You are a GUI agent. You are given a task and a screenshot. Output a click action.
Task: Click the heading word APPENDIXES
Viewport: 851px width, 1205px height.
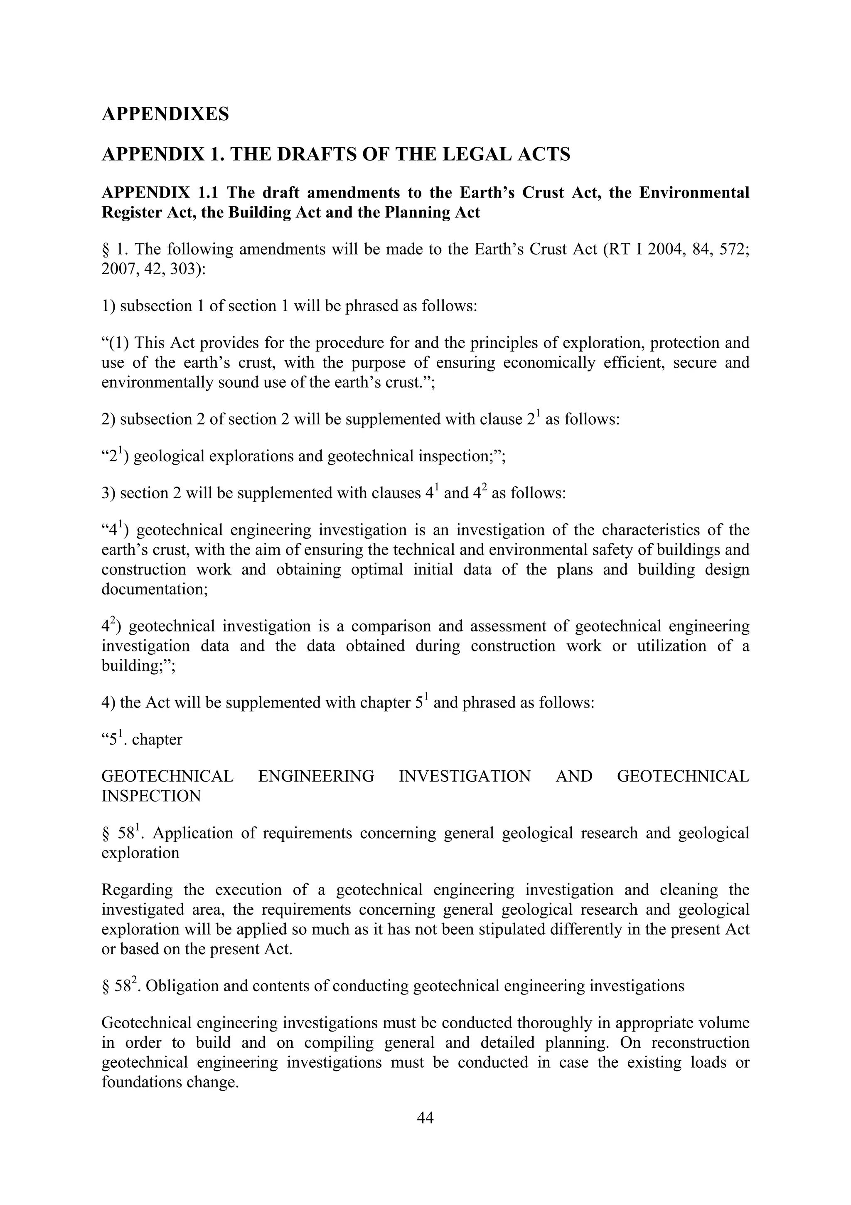pos(165,114)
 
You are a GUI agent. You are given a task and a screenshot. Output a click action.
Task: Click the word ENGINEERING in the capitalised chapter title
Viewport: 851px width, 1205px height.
pos(316,776)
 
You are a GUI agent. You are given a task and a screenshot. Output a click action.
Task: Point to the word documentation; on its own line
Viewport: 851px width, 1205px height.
pos(155,589)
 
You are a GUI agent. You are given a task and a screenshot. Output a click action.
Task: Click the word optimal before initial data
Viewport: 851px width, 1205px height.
pos(377,569)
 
